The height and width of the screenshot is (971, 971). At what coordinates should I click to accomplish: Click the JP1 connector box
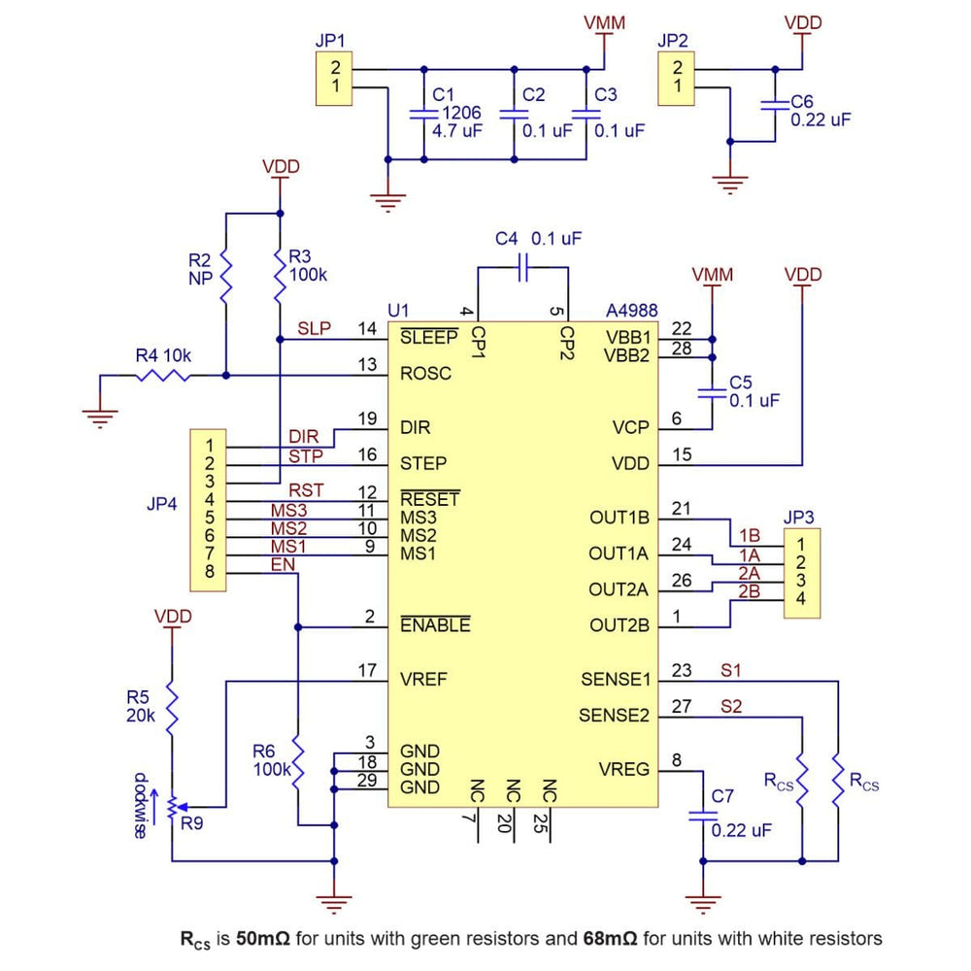tap(333, 80)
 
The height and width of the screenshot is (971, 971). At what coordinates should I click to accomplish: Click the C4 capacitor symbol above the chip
tap(522, 266)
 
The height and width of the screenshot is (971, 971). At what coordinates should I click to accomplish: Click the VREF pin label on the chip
tap(424, 680)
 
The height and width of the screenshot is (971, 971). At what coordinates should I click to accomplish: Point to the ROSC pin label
tap(425, 374)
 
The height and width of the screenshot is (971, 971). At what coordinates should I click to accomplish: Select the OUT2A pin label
tap(619, 589)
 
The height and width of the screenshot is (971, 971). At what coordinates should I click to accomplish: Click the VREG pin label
tap(624, 770)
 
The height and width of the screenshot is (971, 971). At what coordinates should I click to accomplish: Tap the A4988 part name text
tap(632, 311)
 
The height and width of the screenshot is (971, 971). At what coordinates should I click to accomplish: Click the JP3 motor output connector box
tap(801, 573)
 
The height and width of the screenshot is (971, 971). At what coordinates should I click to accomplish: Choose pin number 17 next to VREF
tap(366, 670)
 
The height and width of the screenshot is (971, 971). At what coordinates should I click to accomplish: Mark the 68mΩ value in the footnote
tap(608, 938)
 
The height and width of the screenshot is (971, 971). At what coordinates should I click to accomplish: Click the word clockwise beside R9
tap(142, 806)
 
